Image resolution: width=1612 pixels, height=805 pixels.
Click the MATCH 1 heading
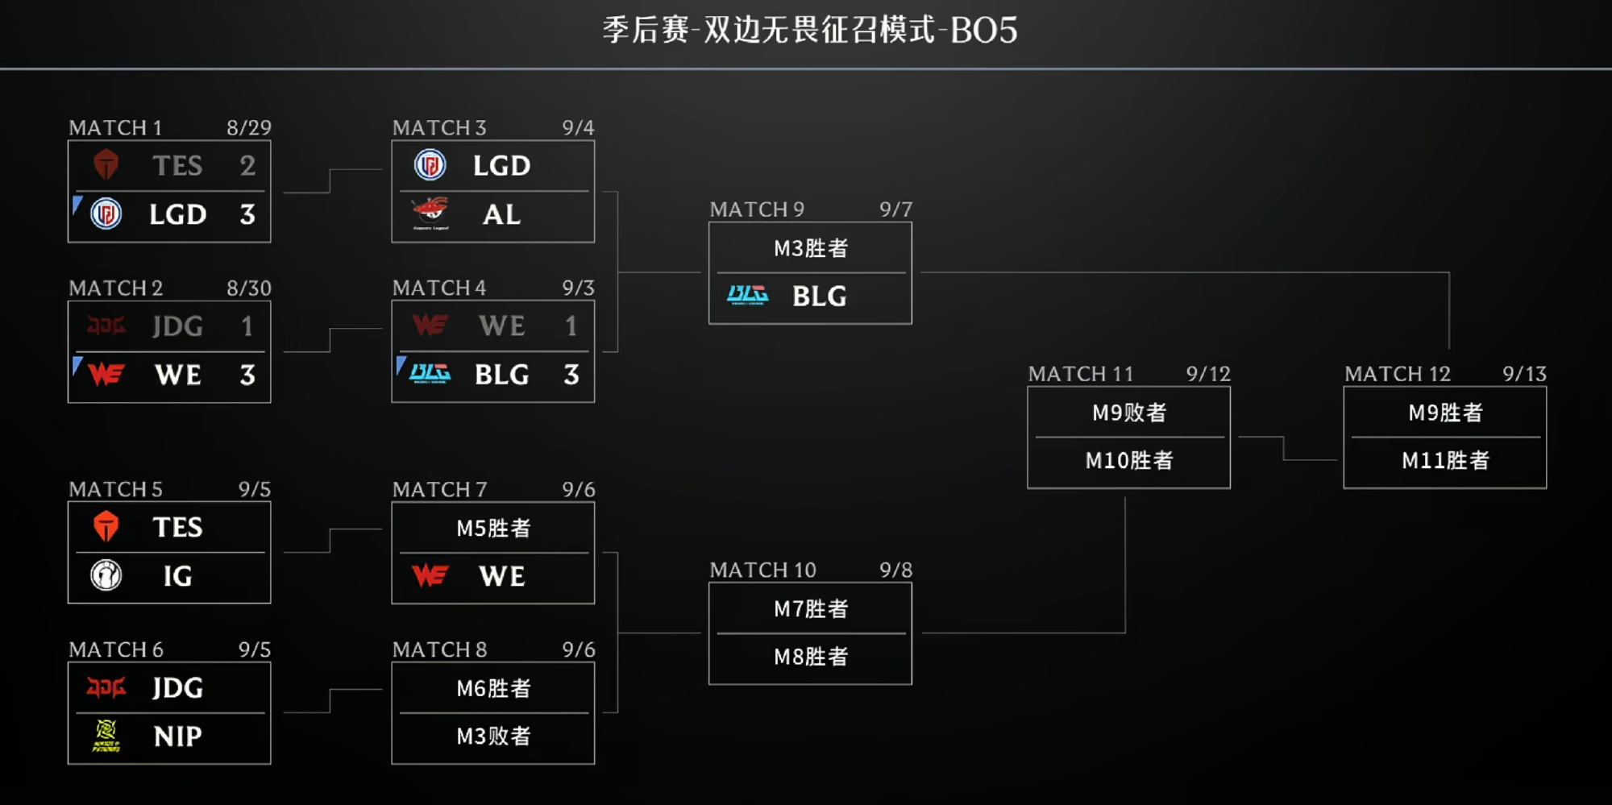pos(115,127)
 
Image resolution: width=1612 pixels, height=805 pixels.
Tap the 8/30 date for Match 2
pos(249,288)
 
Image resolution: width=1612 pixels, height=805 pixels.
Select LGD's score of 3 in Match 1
pos(247,214)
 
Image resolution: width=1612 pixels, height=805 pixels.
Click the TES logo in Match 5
pos(106,527)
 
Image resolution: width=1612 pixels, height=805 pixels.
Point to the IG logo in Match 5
pos(106,575)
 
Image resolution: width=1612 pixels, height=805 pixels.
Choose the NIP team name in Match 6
pos(178,737)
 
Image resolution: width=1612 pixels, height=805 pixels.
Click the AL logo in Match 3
pos(430,214)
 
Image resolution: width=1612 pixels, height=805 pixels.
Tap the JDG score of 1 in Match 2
pos(247,326)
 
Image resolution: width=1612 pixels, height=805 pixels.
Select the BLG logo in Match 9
pos(747,296)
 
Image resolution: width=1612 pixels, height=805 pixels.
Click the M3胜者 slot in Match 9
pos(811,248)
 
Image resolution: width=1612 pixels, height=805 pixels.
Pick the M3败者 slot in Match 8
pos(493,736)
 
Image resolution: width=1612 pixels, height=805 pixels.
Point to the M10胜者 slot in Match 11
pos(1129,460)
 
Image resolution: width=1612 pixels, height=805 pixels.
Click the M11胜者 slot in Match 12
pos(1445,460)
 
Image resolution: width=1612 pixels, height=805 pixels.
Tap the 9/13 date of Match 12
pos(1524,374)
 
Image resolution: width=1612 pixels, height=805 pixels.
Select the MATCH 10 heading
pos(763,571)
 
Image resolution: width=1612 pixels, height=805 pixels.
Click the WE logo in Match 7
pos(430,575)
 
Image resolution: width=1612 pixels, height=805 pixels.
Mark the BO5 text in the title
pos(983,31)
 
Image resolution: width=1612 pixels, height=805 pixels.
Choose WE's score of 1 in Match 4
pos(571,326)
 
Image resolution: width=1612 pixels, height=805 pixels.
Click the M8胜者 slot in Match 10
pos(811,657)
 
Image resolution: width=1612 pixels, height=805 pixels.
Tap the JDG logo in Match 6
pos(106,687)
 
